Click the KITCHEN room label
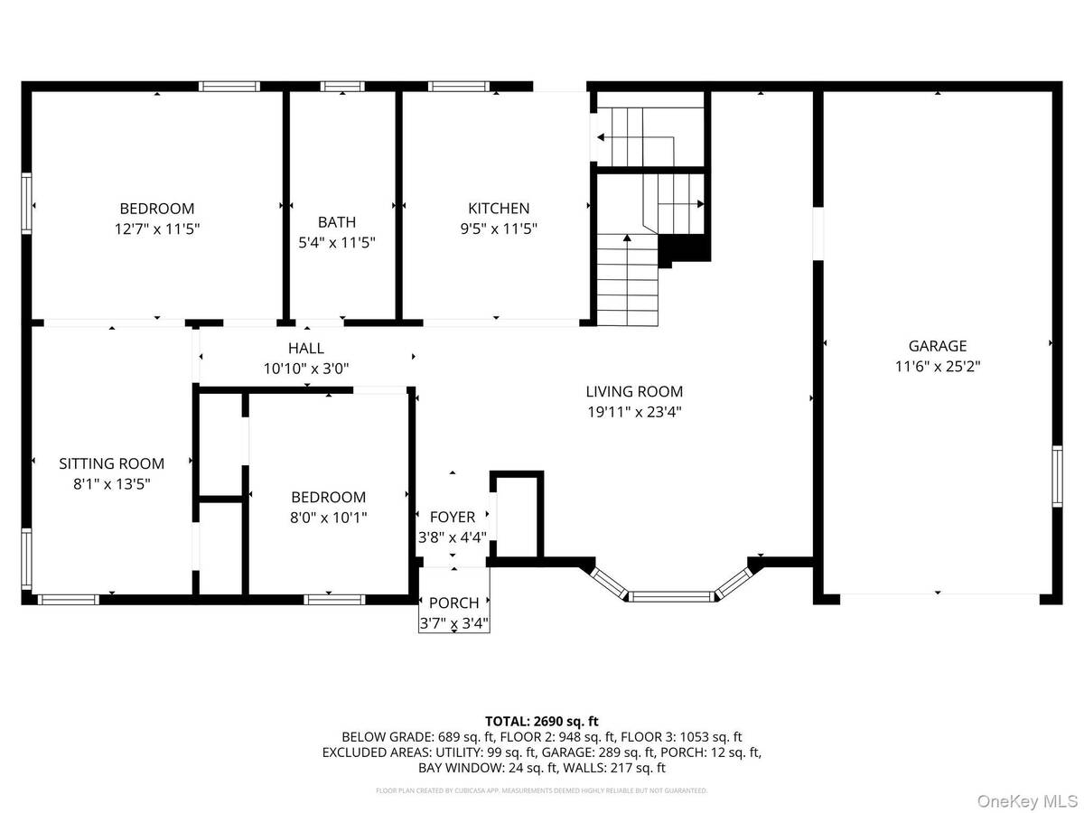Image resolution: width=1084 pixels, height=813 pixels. click(x=498, y=208)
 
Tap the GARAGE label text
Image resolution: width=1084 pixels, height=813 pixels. click(x=937, y=345)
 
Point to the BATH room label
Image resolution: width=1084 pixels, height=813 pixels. click(x=337, y=221)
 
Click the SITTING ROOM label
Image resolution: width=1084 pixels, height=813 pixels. click(x=112, y=463)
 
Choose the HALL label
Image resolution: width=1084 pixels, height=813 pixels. click(x=305, y=348)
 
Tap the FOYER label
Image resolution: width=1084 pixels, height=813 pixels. click(x=453, y=517)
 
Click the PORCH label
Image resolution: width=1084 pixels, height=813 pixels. click(x=454, y=603)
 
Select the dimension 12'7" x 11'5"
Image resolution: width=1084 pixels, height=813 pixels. click(x=157, y=229)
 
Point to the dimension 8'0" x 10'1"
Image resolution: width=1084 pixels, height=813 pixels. click(x=328, y=518)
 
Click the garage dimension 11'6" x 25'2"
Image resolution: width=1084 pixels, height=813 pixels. click(x=937, y=367)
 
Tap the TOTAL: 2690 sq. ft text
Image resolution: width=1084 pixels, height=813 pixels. click(x=542, y=721)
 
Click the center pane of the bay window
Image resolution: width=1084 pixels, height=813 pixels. click(x=671, y=596)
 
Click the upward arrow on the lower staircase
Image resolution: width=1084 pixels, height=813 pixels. click(x=627, y=240)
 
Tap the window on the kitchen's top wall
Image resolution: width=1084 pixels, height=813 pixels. click(x=456, y=87)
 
